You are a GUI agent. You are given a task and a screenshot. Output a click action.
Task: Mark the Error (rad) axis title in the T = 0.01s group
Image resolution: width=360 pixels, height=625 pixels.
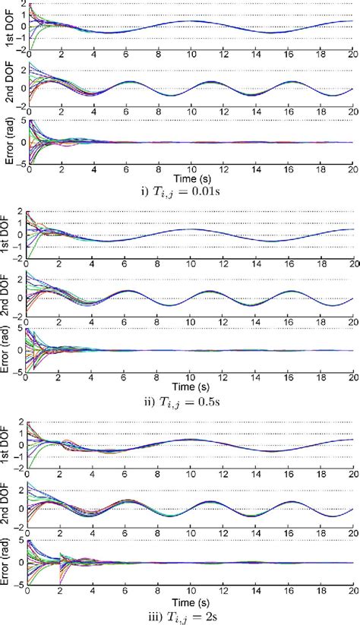click(x=7, y=143)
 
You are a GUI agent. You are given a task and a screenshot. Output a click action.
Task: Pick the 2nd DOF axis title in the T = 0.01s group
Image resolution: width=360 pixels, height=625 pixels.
click(x=7, y=87)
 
